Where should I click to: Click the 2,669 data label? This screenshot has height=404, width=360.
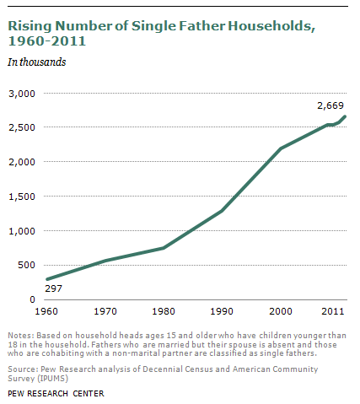point(330,105)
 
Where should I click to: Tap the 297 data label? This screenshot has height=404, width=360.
point(53,288)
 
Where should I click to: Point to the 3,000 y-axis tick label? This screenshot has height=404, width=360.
point(22,94)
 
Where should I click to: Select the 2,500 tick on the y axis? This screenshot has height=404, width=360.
point(22,127)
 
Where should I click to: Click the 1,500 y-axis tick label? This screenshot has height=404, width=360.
point(22,197)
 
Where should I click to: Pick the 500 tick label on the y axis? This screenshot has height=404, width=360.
point(26,265)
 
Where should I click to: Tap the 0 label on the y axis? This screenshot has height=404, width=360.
point(32,299)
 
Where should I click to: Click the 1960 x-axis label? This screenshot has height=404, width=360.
point(46,311)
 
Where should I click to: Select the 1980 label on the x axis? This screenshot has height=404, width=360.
point(164,311)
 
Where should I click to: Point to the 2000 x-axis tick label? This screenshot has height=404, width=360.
point(281,311)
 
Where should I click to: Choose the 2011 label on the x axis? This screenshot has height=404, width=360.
point(333,311)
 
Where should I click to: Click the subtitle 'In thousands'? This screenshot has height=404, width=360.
point(37,62)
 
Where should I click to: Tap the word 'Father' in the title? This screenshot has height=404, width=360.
point(202,26)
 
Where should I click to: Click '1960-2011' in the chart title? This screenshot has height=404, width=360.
point(46,41)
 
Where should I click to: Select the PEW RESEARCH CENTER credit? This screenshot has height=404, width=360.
point(56,393)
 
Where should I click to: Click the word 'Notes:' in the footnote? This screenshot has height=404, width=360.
point(21,336)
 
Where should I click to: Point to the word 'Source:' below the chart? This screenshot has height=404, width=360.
point(23,369)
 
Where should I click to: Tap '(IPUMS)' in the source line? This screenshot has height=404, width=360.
point(53,379)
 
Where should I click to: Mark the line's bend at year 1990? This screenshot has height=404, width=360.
point(222,211)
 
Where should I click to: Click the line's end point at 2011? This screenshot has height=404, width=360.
point(345,116)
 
